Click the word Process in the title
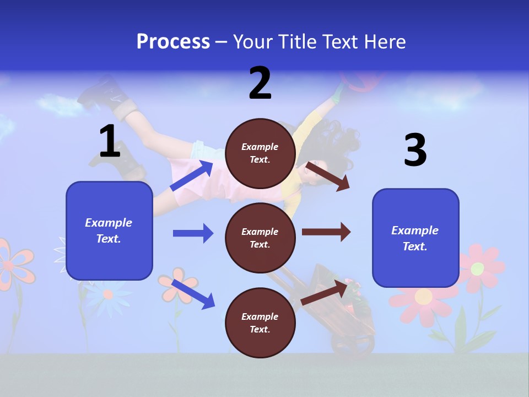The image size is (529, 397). [x=173, y=42]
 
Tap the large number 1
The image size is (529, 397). [x=110, y=141]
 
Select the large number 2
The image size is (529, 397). [x=260, y=83]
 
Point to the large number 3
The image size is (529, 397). [x=415, y=150]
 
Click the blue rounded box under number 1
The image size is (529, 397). [x=109, y=230]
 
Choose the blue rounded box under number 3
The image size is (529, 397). [x=415, y=238]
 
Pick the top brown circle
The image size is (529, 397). [x=260, y=153]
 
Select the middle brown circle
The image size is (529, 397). [x=260, y=238]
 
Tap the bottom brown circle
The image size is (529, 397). [x=260, y=323]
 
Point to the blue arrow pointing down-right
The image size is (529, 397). [x=193, y=294]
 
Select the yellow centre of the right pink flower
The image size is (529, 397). [x=478, y=269]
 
